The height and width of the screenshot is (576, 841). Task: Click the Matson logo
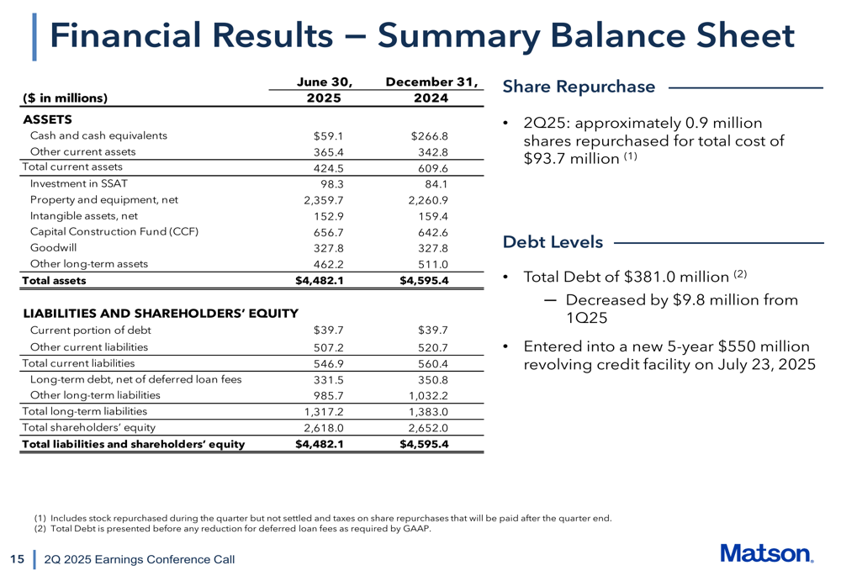click(765, 553)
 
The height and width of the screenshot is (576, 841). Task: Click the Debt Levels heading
click(553, 242)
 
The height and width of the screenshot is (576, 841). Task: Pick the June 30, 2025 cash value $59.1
click(327, 135)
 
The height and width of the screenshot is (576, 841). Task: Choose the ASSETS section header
click(46, 119)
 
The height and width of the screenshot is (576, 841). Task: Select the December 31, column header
click(431, 82)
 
